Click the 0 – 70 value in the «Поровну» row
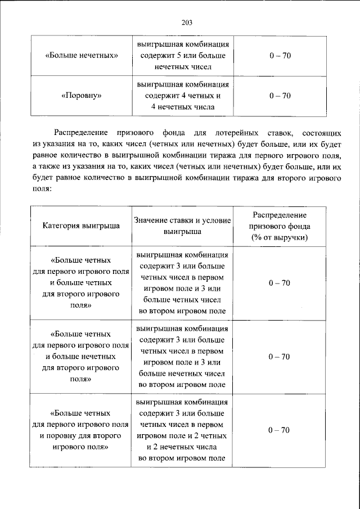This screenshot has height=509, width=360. (x=280, y=96)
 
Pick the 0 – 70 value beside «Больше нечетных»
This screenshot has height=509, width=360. (x=280, y=56)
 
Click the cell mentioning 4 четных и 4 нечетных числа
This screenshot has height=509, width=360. (x=182, y=96)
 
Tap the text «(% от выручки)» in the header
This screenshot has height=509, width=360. (x=280, y=237)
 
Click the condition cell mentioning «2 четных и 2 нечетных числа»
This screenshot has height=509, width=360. (x=182, y=430)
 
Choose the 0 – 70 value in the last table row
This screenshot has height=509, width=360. (x=280, y=430)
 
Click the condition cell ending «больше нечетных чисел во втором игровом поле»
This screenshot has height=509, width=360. (x=182, y=357)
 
